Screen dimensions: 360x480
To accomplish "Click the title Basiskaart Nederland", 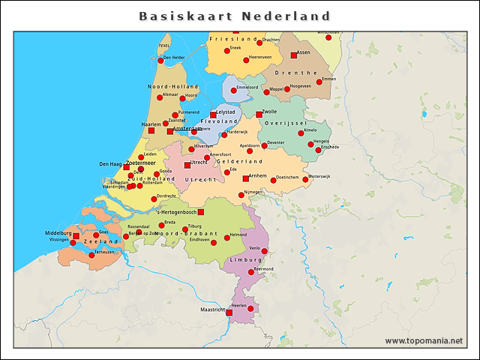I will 235,16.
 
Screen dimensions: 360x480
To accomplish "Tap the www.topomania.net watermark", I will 424,340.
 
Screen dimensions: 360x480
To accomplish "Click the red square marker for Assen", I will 293,55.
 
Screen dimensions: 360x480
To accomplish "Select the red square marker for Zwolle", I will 259,115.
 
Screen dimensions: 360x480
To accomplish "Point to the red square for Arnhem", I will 245,178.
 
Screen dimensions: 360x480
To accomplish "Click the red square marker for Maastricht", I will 229,311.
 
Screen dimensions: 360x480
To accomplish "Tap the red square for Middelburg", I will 76,236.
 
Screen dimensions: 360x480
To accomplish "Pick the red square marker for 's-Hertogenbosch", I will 200,212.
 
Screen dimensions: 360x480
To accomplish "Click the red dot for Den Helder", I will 160,58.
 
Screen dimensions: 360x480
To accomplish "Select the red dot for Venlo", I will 264,251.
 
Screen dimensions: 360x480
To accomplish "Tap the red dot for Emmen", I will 319,82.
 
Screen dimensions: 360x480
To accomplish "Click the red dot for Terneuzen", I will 91,256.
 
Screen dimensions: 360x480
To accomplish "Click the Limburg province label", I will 246,259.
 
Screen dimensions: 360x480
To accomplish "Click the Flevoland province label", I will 220,120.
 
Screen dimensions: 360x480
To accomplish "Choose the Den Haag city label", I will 111,163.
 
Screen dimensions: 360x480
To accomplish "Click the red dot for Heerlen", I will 240,308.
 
